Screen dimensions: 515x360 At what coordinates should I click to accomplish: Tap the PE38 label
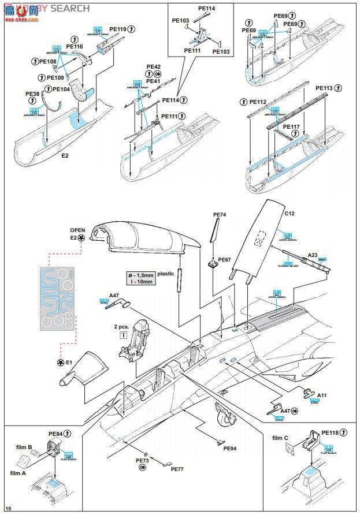click(x=32, y=94)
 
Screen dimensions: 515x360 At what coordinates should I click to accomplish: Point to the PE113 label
click(x=324, y=88)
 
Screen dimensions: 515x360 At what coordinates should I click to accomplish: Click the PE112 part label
click(x=258, y=102)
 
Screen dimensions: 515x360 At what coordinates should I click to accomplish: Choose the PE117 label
click(x=291, y=126)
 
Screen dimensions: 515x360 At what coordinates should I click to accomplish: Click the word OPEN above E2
click(x=77, y=229)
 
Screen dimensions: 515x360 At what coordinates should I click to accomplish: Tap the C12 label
click(x=290, y=213)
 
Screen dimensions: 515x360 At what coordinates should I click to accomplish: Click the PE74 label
click(x=220, y=215)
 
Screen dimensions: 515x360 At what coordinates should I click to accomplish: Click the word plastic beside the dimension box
click(x=165, y=274)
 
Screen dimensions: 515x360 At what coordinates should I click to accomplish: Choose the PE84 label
click(x=55, y=433)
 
